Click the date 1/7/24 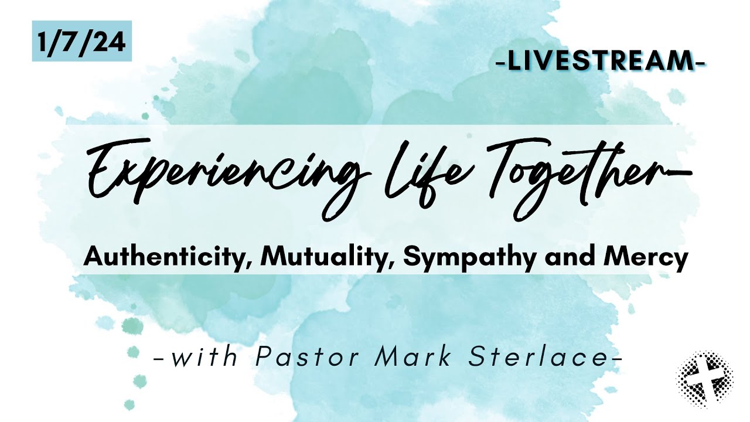tap(81, 41)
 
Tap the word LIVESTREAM tap(600, 62)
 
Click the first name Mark tap(410, 357)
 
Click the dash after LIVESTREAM tap(699, 62)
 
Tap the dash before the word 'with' tap(158, 358)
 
